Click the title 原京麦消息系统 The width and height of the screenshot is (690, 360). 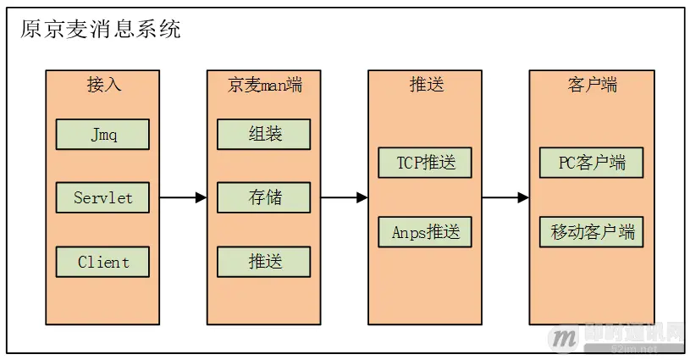pos(100,30)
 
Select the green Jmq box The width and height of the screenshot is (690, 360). pos(102,134)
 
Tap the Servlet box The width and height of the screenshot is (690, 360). pos(102,197)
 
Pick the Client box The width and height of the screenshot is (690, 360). pos(102,261)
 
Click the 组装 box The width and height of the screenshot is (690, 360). pos(264,134)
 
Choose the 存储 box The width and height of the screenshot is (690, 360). pos(264,197)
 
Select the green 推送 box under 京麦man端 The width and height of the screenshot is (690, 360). pos(264,261)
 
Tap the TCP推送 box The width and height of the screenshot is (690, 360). pos(426,162)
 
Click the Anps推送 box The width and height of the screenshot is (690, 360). pos(426,231)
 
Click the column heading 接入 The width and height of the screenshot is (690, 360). pos(102,86)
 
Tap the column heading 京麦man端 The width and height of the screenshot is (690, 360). pos(264,86)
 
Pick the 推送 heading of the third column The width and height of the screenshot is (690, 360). pos(426,86)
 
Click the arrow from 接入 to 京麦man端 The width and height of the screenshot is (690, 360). pos(183,197)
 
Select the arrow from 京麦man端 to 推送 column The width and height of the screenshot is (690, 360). pos(345,197)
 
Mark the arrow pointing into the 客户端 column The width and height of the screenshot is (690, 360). pos(505,197)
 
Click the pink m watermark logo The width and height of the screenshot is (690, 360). pos(562,338)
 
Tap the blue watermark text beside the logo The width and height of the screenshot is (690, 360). pos(631,334)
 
